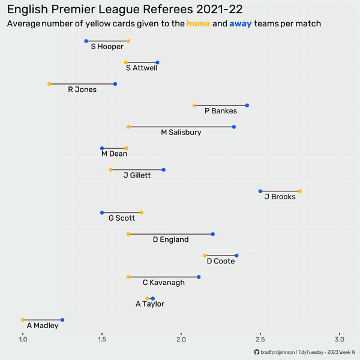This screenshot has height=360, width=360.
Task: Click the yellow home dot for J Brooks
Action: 300,191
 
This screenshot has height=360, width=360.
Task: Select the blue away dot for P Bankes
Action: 247,106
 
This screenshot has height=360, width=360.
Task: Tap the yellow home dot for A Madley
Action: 23,320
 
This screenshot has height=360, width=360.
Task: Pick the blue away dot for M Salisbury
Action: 234,127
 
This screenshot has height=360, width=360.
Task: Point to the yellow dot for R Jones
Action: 49,84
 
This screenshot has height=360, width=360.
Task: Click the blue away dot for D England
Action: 213,234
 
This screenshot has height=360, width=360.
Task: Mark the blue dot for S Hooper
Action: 86,41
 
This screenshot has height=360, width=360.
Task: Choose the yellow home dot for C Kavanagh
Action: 128,277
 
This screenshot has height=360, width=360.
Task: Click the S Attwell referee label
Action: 142,68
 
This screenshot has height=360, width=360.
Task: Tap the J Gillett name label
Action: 137,175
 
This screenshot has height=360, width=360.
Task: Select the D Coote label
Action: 221,261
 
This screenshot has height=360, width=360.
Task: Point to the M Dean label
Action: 114,154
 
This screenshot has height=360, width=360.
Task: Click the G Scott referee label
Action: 122,218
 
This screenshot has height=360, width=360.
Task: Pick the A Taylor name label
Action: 150,304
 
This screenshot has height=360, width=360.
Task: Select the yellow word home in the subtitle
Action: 198,24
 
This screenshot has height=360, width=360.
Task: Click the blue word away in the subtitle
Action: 240,24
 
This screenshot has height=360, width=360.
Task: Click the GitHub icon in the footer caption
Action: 258,352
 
